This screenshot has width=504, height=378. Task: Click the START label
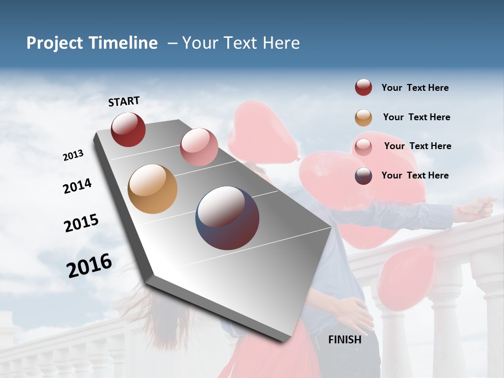click(124, 101)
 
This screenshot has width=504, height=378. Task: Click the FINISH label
click(345, 340)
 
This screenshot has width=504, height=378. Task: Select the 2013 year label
click(73, 155)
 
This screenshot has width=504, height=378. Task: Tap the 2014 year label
click(78, 186)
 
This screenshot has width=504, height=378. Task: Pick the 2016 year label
click(89, 265)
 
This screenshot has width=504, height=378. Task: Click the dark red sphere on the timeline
click(128, 129)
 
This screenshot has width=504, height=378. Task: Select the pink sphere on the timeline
click(199, 147)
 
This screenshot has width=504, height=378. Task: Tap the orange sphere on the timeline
click(152, 189)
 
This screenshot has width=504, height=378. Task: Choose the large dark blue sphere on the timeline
click(227, 218)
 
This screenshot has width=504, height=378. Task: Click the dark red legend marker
click(363, 88)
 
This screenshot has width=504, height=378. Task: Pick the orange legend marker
click(363, 118)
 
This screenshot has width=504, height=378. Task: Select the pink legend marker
click(363, 147)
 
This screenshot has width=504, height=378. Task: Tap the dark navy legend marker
click(363, 176)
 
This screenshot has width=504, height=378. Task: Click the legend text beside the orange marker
click(417, 117)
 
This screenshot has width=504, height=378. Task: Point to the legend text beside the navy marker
click(415, 175)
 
